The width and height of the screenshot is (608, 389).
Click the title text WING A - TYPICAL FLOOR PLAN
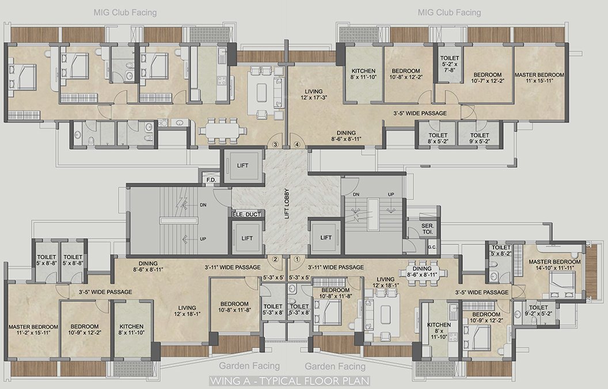point(290,381)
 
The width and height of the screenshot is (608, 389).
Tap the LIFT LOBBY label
point(286,205)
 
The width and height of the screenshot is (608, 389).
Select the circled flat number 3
point(276,144)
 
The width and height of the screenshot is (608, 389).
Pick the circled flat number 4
point(297,144)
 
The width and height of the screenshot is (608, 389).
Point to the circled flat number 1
point(297,259)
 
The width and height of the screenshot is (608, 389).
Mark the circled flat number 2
point(276,259)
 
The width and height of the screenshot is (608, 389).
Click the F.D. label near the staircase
point(211,180)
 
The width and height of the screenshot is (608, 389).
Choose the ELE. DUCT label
point(246,214)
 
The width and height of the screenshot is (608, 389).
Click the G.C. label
point(432,247)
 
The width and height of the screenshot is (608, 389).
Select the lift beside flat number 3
point(243,165)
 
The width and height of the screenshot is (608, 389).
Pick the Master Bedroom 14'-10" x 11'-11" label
point(555,265)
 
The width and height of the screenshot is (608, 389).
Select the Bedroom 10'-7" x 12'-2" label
point(487,78)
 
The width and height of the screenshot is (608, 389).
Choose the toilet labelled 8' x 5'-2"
point(438,138)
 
